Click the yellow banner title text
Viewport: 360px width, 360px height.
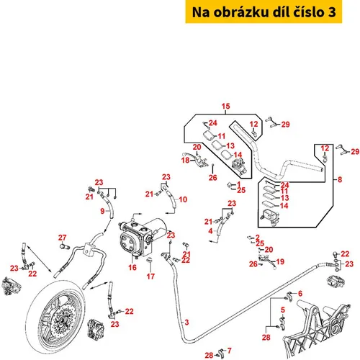pyautogui.click(x=264, y=12)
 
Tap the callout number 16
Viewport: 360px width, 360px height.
pyautogui.click(x=132, y=267)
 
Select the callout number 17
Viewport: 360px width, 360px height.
pyautogui.click(x=150, y=276)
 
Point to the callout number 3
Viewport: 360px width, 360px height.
pyautogui.click(x=186, y=323)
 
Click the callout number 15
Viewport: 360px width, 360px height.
pyautogui.click(x=225, y=106)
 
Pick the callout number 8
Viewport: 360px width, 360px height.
pyautogui.click(x=340, y=179)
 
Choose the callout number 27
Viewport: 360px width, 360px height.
pyautogui.click(x=62, y=238)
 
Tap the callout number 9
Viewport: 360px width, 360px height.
pyautogui.click(x=102, y=211)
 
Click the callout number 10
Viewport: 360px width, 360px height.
pyautogui.click(x=183, y=199)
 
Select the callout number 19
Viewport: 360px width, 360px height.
pyautogui.click(x=280, y=261)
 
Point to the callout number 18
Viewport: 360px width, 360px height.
pyautogui.click(x=185, y=160)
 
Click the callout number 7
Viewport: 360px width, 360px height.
pyautogui.click(x=230, y=351)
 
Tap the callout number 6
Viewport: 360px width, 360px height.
pyautogui.click(x=300, y=293)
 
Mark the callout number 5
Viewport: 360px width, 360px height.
pyautogui.click(x=283, y=310)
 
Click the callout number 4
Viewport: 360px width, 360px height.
pyautogui.click(x=210, y=231)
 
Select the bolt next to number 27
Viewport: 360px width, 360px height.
pyautogui.click(x=63, y=246)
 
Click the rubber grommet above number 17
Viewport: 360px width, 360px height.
pyautogui.click(x=150, y=260)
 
